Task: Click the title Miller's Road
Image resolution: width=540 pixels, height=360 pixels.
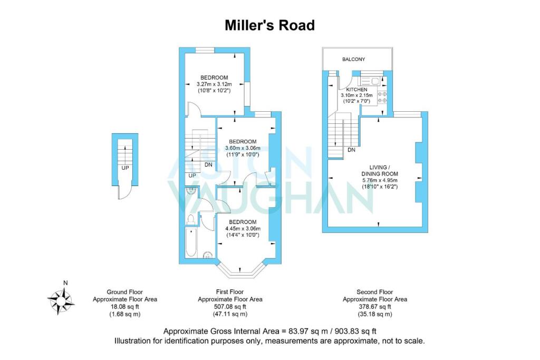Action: pyautogui.click(x=269, y=25)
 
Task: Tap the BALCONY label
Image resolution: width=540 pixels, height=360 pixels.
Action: pyautogui.click(x=353, y=60)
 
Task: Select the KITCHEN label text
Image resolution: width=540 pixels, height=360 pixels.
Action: pyautogui.click(x=356, y=90)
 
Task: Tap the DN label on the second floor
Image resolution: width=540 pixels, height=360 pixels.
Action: pyautogui.click(x=351, y=150)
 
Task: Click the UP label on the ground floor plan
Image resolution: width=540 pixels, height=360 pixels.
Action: pyautogui.click(x=125, y=168)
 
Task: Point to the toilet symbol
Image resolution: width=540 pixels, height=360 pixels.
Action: pyautogui.click(x=191, y=219)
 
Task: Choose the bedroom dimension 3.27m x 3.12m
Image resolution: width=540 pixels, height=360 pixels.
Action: pyautogui.click(x=214, y=84)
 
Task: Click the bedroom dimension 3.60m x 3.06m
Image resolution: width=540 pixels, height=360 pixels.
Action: pyautogui.click(x=243, y=148)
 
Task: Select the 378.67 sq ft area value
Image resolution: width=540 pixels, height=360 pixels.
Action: pyautogui.click(x=374, y=307)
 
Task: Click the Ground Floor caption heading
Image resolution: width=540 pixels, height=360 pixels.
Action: pyautogui.click(x=124, y=292)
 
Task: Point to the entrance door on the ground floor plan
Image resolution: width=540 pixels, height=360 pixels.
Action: pyautogui.click(x=123, y=193)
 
